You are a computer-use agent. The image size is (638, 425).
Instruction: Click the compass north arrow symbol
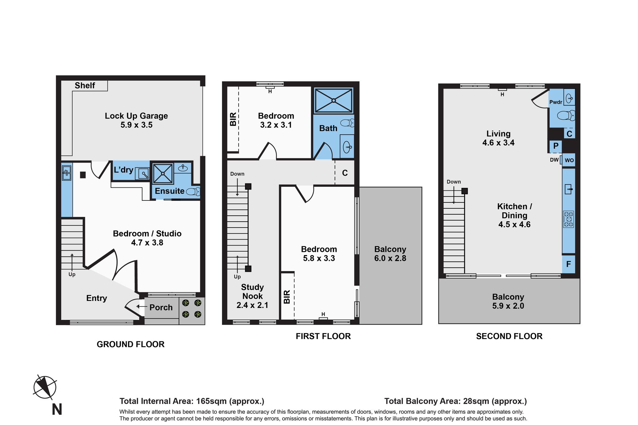[x=45, y=387]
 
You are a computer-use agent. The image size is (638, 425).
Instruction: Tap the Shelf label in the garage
[x=85, y=86]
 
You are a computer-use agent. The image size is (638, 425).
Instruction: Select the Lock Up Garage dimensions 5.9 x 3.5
[x=137, y=125]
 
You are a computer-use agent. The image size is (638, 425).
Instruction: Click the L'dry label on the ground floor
[x=123, y=170]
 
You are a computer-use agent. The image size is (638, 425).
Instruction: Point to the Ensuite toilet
[x=193, y=191]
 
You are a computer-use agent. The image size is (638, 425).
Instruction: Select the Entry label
[x=97, y=298]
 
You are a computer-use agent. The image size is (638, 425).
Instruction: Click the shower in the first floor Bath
[x=334, y=100]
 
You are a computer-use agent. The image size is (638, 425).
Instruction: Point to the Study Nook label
[x=253, y=292]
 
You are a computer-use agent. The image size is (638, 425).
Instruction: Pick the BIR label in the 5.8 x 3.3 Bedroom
[x=287, y=297]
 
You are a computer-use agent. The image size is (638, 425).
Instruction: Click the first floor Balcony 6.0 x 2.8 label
[x=390, y=254]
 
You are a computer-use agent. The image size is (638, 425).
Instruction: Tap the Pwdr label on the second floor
[x=556, y=102]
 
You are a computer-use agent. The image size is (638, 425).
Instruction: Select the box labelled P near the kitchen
[x=556, y=146]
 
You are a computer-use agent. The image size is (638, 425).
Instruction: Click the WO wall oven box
[x=569, y=160]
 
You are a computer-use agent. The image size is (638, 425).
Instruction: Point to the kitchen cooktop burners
[x=569, y=219]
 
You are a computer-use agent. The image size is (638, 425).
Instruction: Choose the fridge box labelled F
[x=569, y=264]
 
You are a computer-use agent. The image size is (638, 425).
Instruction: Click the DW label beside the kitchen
[x=554, y=160]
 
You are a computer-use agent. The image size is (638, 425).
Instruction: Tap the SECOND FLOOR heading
[x=509, y=336]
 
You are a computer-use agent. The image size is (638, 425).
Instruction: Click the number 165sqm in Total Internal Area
[x=211, y=401]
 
